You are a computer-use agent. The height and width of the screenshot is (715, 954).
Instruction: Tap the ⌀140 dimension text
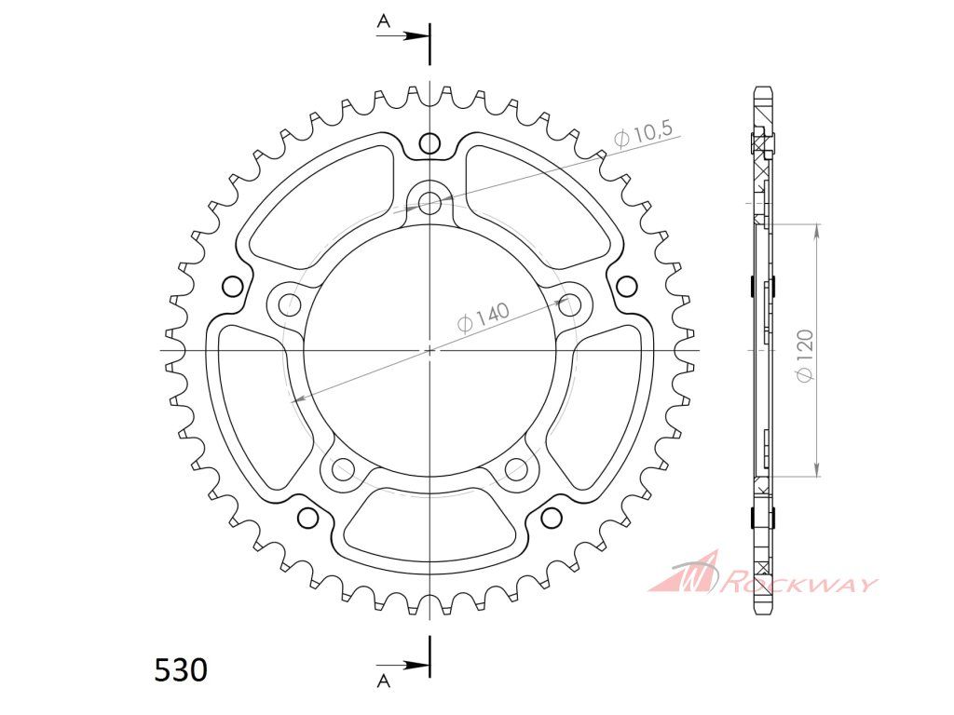click(x=484, y=317)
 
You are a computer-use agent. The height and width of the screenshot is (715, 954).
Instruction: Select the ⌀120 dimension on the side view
click(x=805, y=357)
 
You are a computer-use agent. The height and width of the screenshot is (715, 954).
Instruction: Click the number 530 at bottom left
click(x=182, y=670)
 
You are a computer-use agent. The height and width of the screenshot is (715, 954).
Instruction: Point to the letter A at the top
click(x=383, y=21)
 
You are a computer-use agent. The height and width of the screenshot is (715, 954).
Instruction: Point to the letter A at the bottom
click(x=383, y=681)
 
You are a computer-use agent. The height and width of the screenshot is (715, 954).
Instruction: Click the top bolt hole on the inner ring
click(x=430, y=201)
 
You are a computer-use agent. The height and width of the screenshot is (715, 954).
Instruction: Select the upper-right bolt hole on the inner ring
click(x=569, y=304)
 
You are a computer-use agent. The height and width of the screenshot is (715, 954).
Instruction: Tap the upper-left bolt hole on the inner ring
click(x=291, y=303)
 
